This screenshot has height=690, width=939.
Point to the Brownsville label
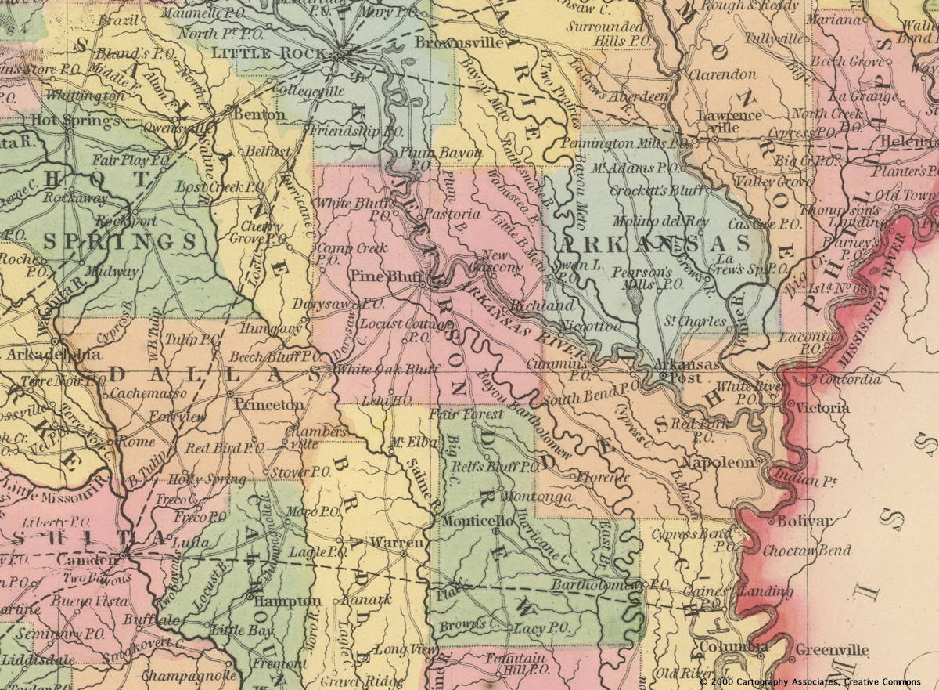[459, 42]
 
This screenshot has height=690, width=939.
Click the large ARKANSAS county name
[653, 244]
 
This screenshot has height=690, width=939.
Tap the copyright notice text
[818, 682]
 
